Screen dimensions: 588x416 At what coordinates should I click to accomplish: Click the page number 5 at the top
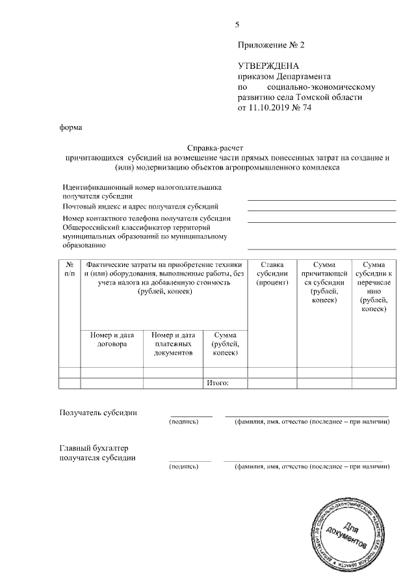237,25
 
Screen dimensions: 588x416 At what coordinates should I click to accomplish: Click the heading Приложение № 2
270,45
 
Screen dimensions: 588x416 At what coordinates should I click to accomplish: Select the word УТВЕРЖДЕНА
268,66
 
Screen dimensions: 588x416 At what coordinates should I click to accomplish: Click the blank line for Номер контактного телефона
321,222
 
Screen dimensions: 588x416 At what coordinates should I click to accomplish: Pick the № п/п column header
70,269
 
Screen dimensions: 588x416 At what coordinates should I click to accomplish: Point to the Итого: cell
217,383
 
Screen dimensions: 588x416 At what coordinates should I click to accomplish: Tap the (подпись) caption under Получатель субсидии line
183,422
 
